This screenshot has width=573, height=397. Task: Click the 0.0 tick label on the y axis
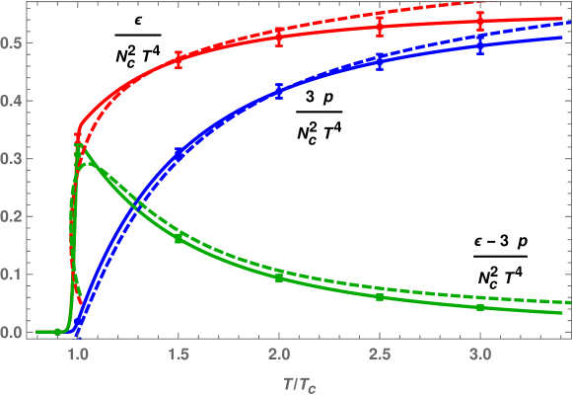click(x=14, y=333)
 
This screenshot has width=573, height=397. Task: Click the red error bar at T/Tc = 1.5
click(x=179, y=58)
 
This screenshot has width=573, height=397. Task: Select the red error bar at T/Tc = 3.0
click(x=480, y=21)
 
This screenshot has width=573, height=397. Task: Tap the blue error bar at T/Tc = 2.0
click(x=279, y=91)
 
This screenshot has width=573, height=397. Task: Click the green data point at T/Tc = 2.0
click(x=279, y=278)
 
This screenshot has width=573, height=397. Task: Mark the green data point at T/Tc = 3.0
click(x=480, y=307)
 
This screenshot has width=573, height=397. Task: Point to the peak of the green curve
click(x=79, y=146)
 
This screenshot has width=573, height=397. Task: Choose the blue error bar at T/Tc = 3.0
click(x=480, y=45)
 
